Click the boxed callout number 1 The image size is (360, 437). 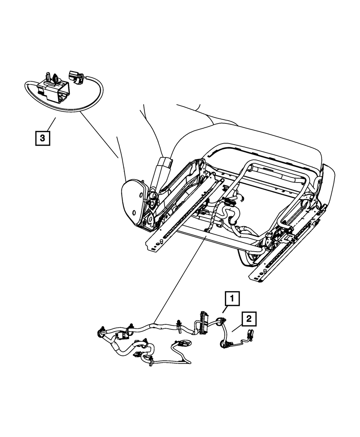point(232,298)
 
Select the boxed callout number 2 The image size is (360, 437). point(249,319)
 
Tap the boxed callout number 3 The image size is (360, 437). point(42,138)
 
